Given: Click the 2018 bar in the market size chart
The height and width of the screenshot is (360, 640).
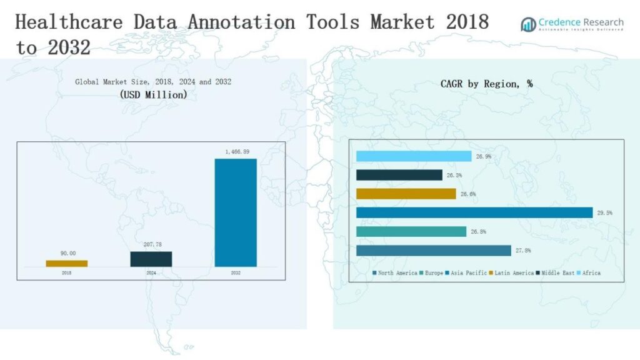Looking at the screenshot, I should point(67,264).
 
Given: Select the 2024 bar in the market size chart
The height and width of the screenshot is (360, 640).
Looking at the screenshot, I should point(151,259).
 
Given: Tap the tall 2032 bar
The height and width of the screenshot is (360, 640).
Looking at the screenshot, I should point(236,212).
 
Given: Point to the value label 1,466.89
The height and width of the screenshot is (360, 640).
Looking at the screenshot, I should point(236,152).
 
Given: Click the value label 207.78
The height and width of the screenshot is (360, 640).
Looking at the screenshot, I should point(151,245).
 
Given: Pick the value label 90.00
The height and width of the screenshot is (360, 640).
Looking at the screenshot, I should point(67,253).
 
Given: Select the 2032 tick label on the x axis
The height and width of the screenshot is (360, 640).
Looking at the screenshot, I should point(236,273).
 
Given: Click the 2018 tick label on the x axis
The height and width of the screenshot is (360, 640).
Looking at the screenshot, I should point(67,273).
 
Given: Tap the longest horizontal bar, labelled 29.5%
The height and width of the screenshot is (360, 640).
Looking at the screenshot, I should point(474,212).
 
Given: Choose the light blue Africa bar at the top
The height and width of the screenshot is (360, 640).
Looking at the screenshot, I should point(414,156).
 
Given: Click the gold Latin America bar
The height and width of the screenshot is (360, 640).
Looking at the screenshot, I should point(406,194).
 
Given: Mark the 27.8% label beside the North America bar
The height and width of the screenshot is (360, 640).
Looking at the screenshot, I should point(523,251).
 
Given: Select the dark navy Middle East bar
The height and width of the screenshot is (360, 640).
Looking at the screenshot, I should point(399,175).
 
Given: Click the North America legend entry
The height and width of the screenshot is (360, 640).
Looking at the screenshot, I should point(395,273).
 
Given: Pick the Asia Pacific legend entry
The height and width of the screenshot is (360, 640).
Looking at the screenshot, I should point(466,273).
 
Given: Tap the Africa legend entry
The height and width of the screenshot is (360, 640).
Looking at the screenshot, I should point(590,273).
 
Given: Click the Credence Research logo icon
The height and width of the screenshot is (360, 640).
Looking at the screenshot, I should point(529,24).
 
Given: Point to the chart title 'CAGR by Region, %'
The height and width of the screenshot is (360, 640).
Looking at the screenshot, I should point(486,83).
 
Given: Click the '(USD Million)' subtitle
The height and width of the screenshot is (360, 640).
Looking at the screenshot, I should point(153,95).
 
